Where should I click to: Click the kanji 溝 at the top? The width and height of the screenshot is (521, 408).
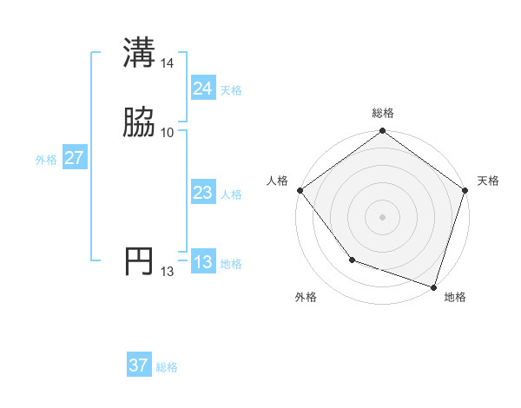140,52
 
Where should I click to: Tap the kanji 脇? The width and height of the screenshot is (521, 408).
140,122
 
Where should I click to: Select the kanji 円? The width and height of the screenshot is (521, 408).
140,261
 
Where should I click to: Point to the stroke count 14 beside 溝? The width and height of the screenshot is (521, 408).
168,63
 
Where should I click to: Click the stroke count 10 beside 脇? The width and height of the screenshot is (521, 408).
168,132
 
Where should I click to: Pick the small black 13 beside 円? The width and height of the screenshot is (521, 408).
168,272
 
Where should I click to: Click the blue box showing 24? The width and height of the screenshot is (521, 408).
202,89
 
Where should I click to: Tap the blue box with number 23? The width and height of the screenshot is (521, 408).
202,194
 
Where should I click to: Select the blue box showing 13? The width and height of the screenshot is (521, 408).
202,262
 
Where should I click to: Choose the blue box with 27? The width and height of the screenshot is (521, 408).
74,158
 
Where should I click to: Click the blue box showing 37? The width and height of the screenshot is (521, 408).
138,365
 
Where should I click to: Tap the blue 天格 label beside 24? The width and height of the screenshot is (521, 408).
231,90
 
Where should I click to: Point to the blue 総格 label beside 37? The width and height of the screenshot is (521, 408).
167,367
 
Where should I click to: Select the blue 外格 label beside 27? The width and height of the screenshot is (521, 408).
46,160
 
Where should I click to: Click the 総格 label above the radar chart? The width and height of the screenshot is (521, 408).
382,113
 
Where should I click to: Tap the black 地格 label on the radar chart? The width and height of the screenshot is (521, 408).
455,297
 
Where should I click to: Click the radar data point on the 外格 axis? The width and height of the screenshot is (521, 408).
352,259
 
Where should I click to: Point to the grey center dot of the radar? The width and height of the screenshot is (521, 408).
382,217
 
